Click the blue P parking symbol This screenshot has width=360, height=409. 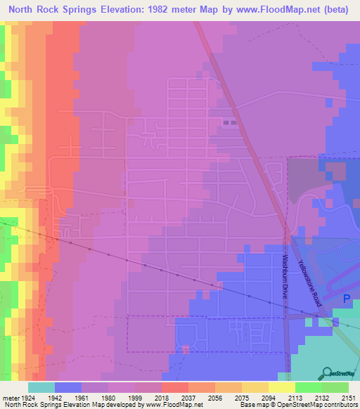[346, 299]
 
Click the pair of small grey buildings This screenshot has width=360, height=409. [229, 123]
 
